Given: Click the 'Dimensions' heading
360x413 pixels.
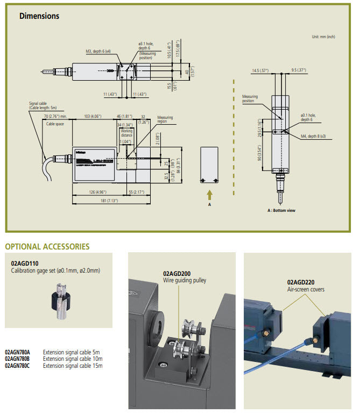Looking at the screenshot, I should click(39, 16).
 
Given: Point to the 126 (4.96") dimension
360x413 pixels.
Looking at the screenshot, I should click(98, 191).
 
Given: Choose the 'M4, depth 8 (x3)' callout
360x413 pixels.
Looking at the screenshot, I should click(313, 137).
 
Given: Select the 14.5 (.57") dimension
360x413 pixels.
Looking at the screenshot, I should click(261, 70).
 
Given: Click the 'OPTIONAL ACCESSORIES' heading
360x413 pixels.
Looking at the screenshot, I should click(47, 246).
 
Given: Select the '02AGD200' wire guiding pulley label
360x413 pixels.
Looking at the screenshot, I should click(178, 273).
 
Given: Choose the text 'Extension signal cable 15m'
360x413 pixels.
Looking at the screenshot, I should click(73, 366).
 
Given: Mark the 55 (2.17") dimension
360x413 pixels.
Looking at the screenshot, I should click(136, 191).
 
